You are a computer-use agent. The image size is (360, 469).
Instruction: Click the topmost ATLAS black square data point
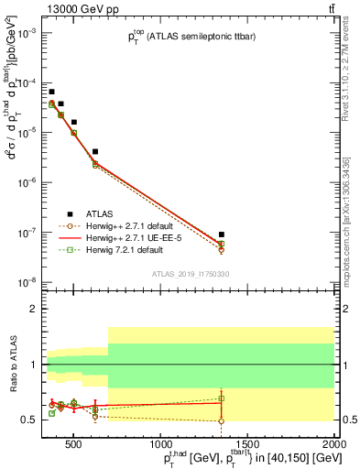point(52,92)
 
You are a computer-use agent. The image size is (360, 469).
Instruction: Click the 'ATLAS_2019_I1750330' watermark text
point(191,274)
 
